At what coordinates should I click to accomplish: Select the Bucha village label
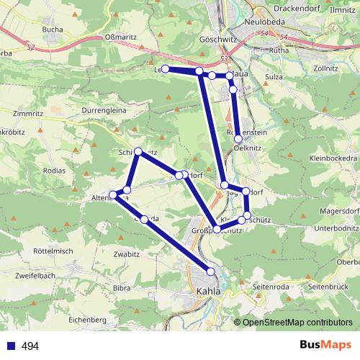click(x=53, y=29)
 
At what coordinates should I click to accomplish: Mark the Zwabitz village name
click(x=105, y=253)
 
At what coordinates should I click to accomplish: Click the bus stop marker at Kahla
click(x=211, y=271)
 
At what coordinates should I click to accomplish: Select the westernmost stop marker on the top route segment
click(x=165, y=68)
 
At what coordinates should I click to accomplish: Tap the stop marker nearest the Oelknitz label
click(x=238, y=138)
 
